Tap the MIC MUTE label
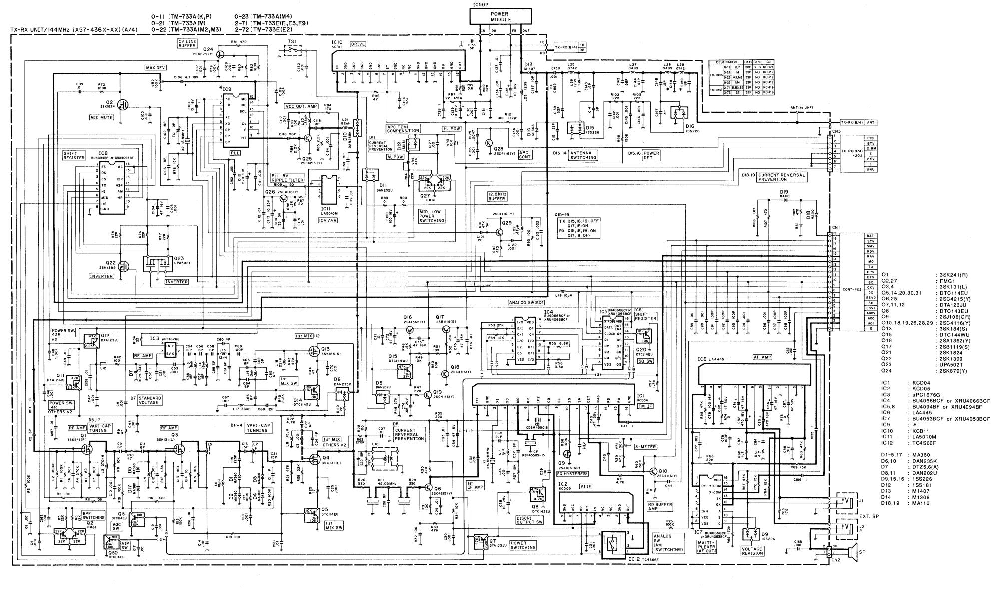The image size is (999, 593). [102, 118]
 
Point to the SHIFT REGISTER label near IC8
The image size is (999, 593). [74, 155]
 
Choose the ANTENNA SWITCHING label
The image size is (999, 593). [583, 155]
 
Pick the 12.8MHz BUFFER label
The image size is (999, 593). [498, 196]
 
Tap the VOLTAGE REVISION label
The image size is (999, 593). [752, 551]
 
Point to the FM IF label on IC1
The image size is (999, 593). [644, 406]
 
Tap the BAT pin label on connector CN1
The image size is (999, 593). [870, 235]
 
